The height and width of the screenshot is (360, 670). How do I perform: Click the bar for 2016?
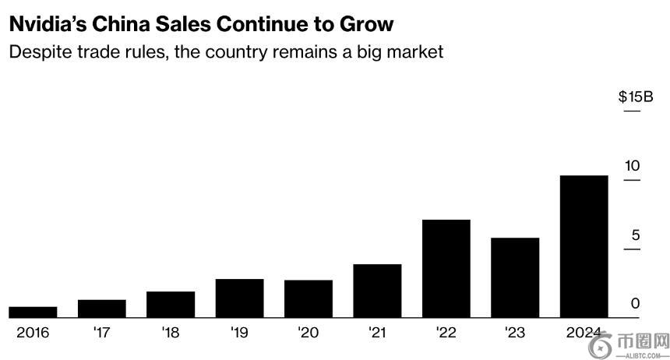(x=33, y=312)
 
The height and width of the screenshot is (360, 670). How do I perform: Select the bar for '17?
(x=101, y=309)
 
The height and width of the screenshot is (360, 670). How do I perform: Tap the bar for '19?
(x=239, y=298)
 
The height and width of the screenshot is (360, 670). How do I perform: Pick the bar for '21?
(x=377, y=291)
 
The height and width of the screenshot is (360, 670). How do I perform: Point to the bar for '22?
(x=446, y=268)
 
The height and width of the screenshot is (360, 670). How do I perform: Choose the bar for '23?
(x=515, y=277)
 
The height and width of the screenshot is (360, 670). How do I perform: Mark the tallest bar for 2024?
(x=584, y=246)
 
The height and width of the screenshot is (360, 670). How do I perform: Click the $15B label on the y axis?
(x=635, y=97)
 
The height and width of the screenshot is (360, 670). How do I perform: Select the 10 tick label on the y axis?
(x=632, y=166)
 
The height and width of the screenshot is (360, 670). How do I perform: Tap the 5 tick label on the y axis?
(x=635, y=235)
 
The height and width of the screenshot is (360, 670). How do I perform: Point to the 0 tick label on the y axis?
(x=635, y=304)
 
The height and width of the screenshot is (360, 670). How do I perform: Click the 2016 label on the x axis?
(x=33, y=333)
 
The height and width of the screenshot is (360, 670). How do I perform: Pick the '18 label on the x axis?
(x=170, y=333)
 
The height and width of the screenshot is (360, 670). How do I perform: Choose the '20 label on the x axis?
(x=308, y=333)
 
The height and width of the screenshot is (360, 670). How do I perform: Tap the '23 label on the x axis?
(x=515, y=333)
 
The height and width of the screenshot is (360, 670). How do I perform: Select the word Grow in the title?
(x=366, y=24)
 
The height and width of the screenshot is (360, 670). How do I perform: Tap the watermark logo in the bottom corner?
(x=601, y=344)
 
